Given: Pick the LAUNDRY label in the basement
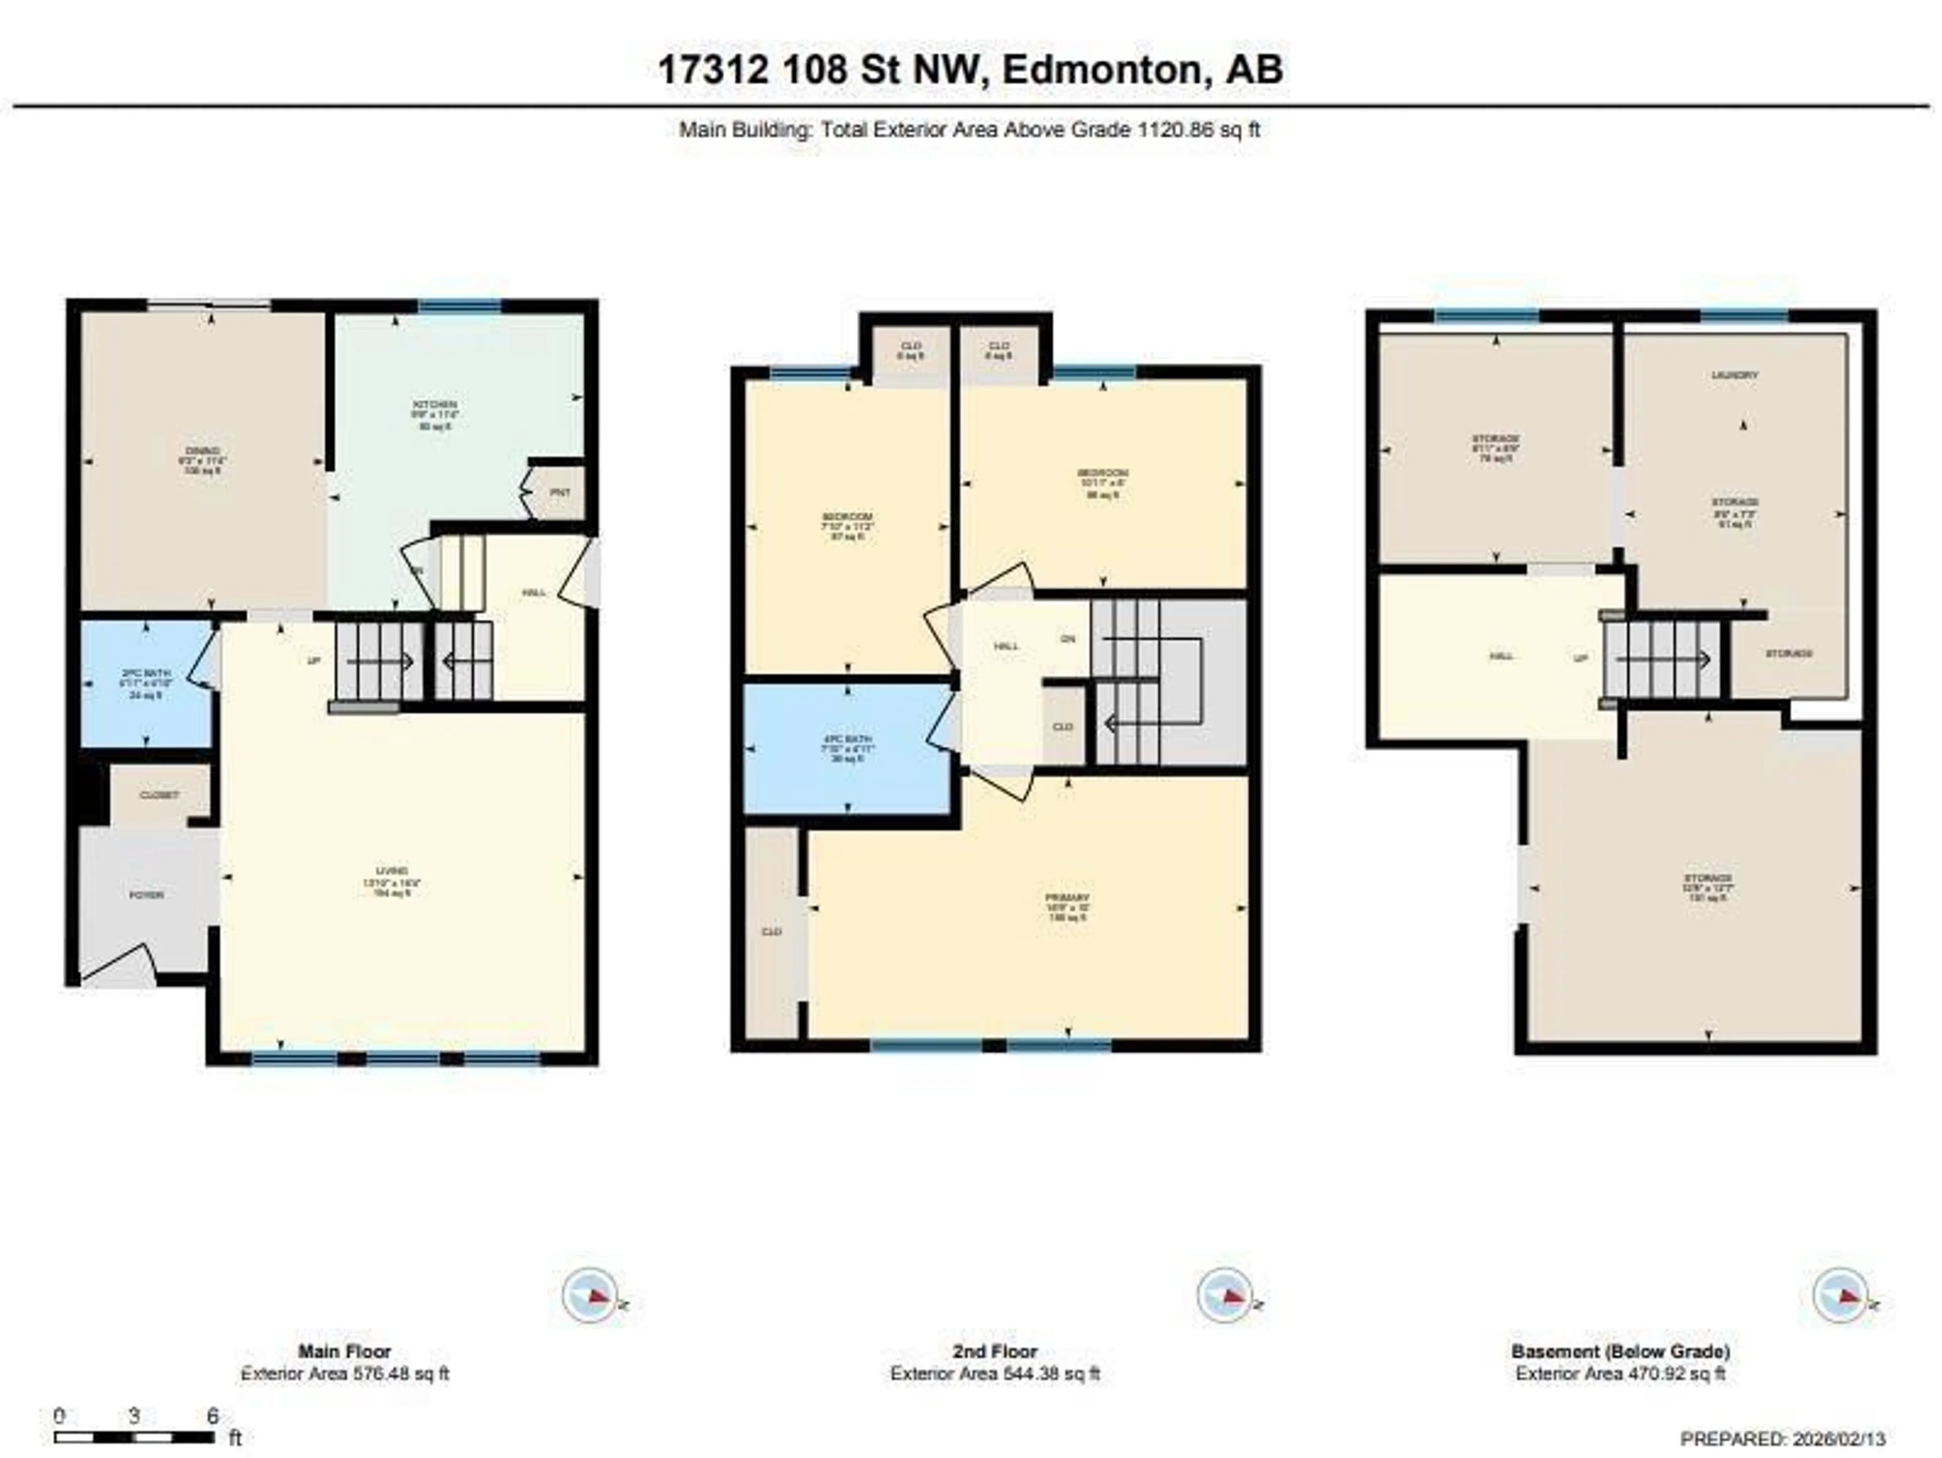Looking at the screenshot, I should (1735, 375).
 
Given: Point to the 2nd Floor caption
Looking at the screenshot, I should (995, 1352).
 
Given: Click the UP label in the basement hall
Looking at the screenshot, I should (1580, 657).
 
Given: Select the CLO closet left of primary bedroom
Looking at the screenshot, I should (772, 931).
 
